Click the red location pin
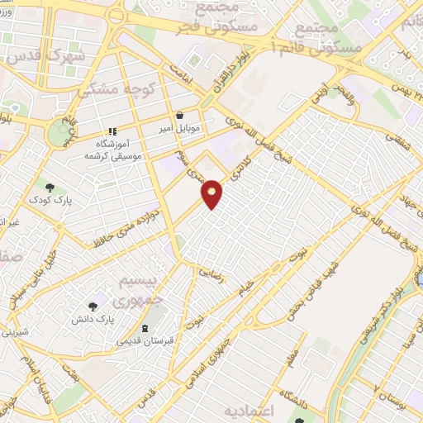click(212, 193)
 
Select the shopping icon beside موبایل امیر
click(180, 116)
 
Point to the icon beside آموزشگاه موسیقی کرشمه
click(112, 132)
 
